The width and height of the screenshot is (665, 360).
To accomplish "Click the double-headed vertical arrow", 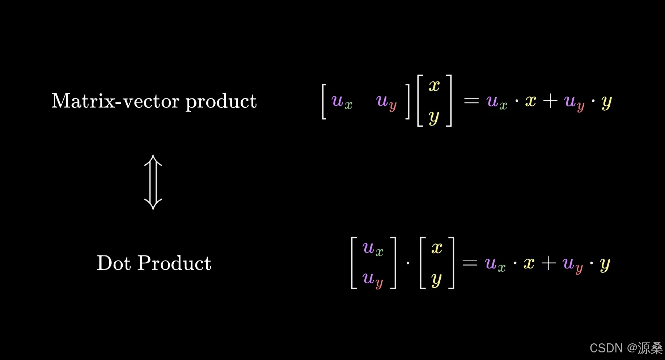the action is pos(153,182).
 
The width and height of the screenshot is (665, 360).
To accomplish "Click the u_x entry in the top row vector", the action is pos(342,101).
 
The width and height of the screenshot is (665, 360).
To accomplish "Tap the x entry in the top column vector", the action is pos(434,86).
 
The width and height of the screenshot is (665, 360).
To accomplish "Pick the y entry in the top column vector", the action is pos(434,117).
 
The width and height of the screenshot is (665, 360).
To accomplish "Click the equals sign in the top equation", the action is pos(471,101).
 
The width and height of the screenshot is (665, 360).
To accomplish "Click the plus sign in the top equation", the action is pos(550,101).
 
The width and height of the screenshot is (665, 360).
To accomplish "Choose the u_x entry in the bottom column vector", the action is pos(373,249).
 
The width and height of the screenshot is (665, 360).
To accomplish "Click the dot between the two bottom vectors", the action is pos(408,263).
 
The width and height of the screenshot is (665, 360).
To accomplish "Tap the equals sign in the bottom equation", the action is pos(470,263).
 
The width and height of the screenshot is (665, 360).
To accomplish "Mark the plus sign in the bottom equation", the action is pos(548,263).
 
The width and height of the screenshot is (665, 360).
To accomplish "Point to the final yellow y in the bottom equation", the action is pos(605,264).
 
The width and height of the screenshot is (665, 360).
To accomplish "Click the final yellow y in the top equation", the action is pos(606,102).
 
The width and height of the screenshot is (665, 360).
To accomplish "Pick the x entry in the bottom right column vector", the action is pos(437,248).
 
